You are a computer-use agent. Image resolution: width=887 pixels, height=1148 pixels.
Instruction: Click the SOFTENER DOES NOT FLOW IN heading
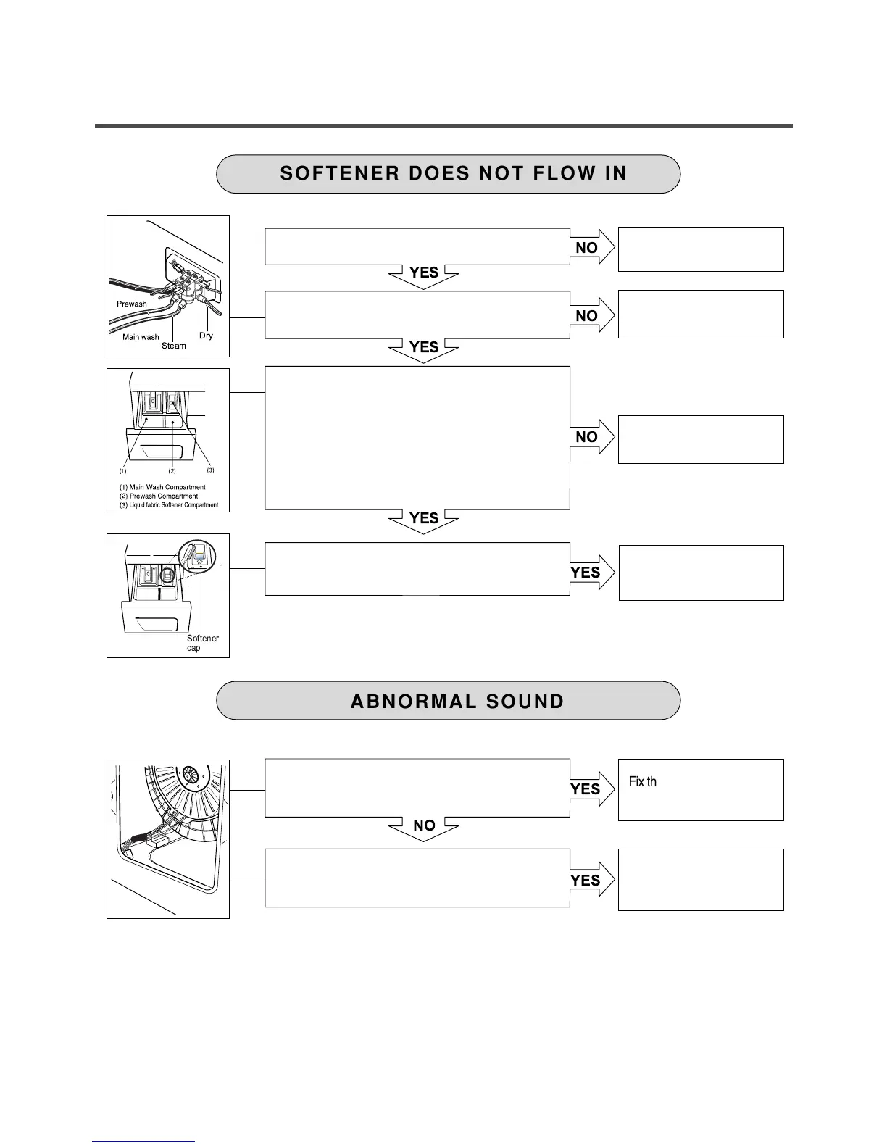coord(453,174)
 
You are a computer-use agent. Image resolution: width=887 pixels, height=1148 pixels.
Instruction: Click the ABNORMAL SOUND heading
coord(457,702)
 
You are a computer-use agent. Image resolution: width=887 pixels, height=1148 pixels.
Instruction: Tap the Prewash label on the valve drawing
coord(132,304)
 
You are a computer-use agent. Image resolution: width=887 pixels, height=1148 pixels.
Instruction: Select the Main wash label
coord(141,337)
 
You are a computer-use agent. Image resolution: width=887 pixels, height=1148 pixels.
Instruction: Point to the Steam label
coord(174,346)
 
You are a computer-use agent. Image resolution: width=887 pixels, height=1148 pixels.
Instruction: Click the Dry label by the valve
coord(207,336)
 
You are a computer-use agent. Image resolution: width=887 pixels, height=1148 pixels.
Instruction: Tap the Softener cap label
coord(202,643)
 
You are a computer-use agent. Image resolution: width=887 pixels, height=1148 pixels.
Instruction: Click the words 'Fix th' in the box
coord(643,782)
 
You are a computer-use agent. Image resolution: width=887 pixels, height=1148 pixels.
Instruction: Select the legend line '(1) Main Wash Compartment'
coord(162,487)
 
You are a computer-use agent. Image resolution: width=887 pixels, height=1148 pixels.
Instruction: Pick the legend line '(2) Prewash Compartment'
coord(159,496)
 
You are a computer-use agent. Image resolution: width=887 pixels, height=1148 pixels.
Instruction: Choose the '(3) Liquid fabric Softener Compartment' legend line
coord(169,505)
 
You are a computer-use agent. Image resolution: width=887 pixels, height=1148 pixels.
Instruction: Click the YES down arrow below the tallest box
coord(424,519)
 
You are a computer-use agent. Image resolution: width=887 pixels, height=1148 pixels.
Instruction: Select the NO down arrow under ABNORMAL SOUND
coord(424,826)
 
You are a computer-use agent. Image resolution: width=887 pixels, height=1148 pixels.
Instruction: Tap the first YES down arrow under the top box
coord(424,273)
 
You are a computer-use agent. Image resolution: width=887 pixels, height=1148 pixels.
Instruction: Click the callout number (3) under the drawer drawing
coord(211,470)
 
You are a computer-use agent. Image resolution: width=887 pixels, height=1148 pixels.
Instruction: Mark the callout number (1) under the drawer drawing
coord(123,471)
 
